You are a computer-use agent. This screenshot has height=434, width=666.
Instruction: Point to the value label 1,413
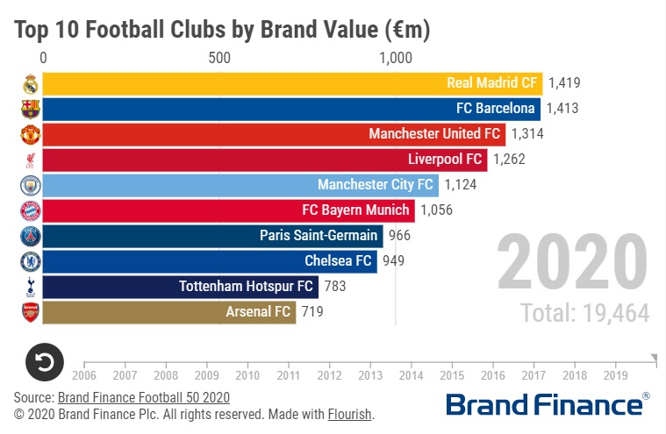point(562,109)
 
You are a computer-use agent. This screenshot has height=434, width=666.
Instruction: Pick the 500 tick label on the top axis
point(219,58)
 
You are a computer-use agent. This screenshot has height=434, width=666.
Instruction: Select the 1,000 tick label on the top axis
point(395,58)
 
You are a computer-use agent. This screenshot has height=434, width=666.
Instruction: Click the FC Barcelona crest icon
point(30,109)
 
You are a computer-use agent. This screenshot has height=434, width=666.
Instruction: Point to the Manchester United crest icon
point(30,134)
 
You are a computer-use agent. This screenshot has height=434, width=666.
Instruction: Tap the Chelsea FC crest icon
point(30,261)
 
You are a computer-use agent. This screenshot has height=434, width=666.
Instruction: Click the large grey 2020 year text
point(571,262)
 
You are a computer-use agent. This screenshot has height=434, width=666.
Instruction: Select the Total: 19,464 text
point(584,313)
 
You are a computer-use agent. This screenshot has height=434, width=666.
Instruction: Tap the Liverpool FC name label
point(446,160)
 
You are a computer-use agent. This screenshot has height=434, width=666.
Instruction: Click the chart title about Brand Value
point(221,30)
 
